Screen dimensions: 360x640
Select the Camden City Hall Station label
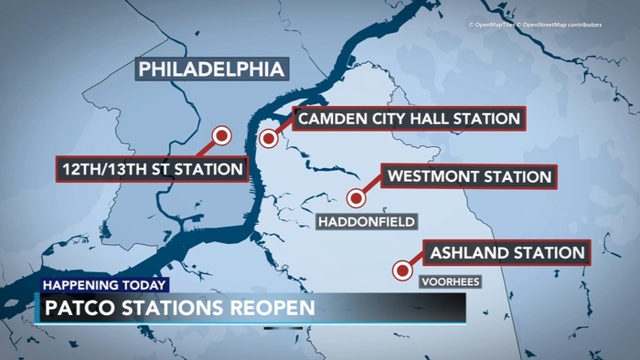click(x=408, y=118)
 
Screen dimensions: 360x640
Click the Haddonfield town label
click(x=367, y=222)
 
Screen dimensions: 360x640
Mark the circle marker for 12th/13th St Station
click(x=220, y=136)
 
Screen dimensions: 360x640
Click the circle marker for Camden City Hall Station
click(x=268, y=139)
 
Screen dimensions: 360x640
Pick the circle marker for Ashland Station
click(x=400, y=270)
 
